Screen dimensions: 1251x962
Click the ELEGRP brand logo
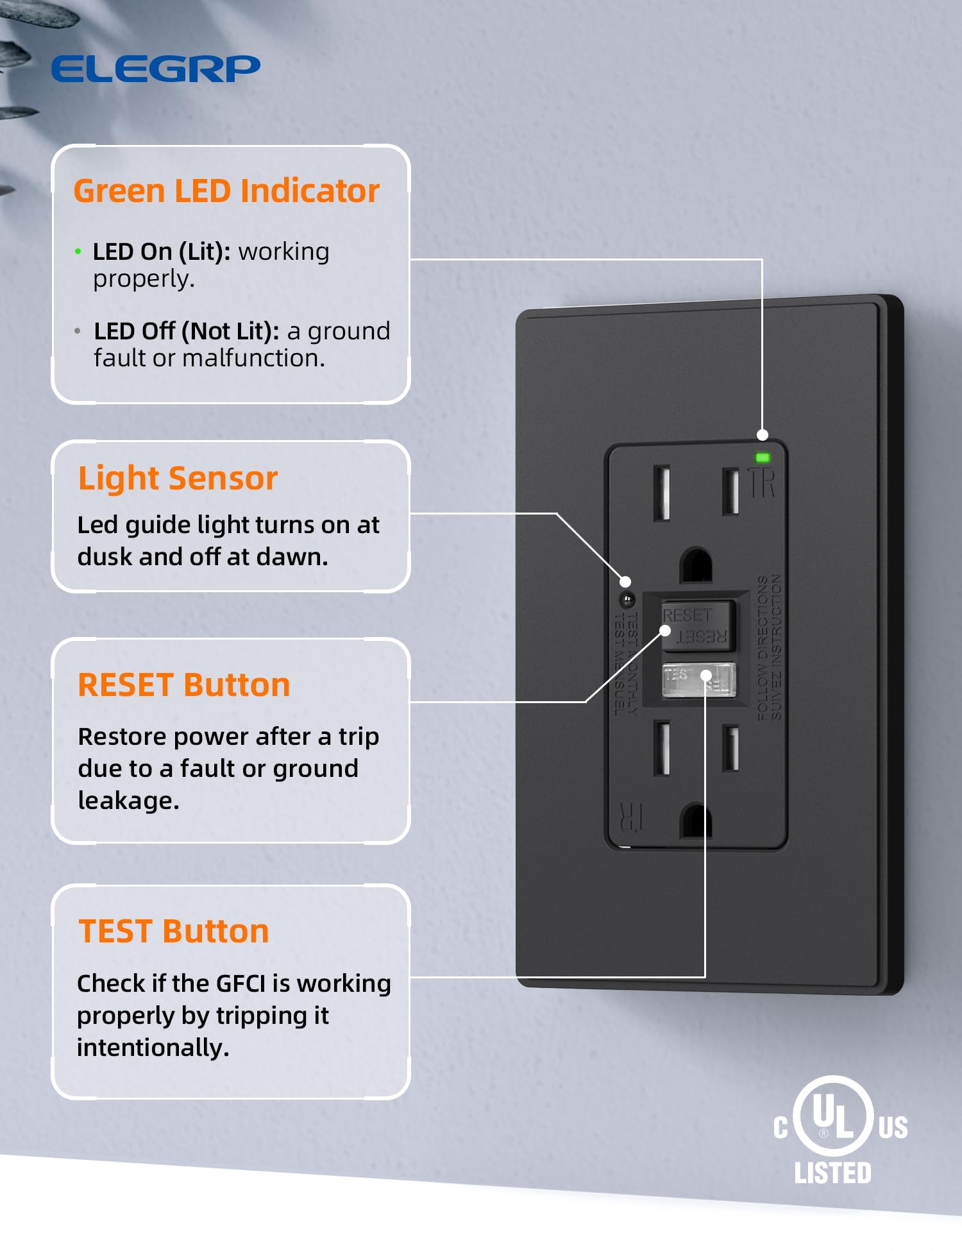click(156, 69)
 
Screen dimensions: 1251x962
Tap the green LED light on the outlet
click(763, 457)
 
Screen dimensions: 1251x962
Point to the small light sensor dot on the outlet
click(627, 600)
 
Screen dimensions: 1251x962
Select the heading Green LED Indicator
click(226, 191)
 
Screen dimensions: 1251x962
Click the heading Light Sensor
click(178, 479)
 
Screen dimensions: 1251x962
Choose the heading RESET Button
click(184, 685)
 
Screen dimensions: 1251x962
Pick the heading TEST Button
click(173, 932)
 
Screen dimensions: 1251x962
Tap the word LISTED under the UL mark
click(832, 1173)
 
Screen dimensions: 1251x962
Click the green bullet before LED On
click(78, 251)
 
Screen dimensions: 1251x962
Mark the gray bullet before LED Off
click(78, 331)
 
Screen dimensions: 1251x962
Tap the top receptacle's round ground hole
click(696, 566)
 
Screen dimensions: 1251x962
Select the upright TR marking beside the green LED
click(763, 483)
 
